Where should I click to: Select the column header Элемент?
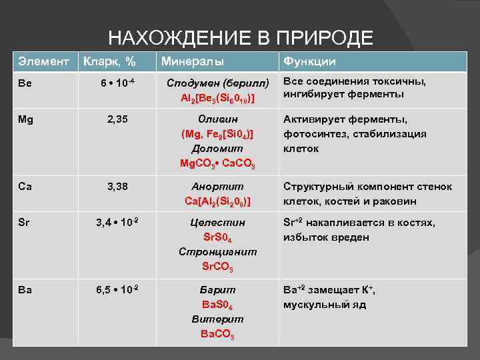(43, 61)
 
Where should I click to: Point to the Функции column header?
(309, 62)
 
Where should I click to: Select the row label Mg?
(26, 120)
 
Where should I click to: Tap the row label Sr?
(24, 223)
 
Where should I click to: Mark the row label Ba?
(25, 290)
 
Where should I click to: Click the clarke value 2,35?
(117, 120)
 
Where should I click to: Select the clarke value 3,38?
(117, 187)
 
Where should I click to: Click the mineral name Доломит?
(217, 149)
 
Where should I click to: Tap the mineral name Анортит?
(217, 186)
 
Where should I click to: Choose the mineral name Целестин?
(217, 222)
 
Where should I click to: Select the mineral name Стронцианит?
(217, 251)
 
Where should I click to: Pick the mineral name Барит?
(217, 290)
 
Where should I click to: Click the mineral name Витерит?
(217, 319)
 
